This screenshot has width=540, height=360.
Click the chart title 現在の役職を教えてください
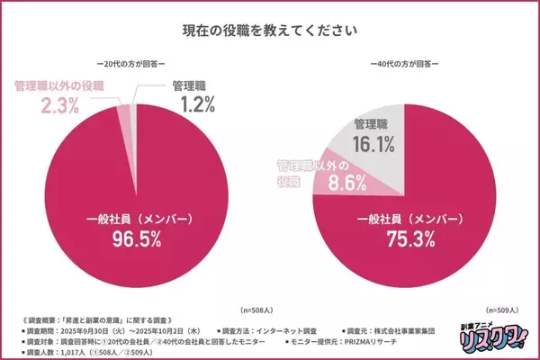coord(270,31)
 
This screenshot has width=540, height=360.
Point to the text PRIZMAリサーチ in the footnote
coord(409,342)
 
